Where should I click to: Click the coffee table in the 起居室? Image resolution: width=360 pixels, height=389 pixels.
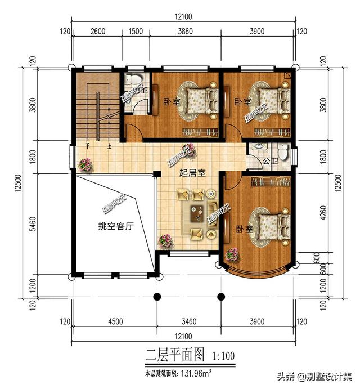tap(197, 213)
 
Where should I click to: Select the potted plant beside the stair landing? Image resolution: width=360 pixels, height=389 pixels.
tap(85, 165)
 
